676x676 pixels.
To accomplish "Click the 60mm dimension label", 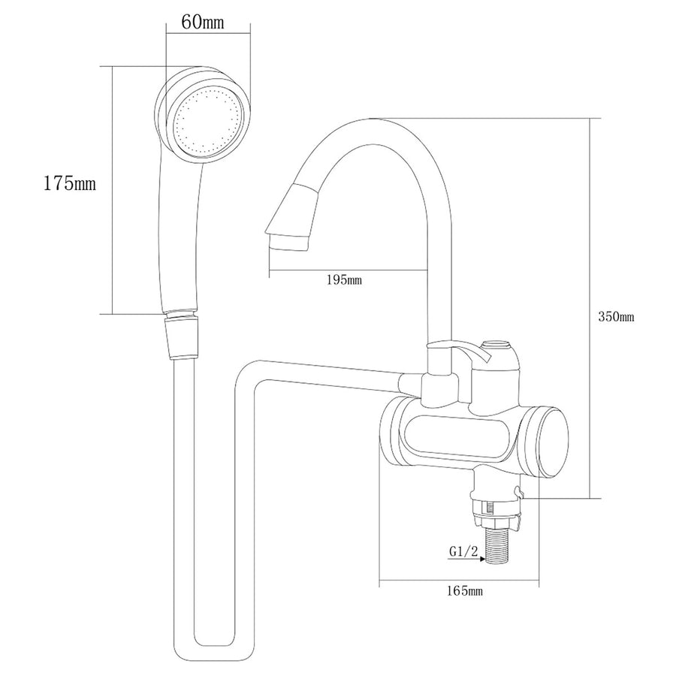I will [203, 22].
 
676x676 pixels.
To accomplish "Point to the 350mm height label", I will [616, 317].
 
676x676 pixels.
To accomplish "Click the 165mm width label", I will [464, 592].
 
